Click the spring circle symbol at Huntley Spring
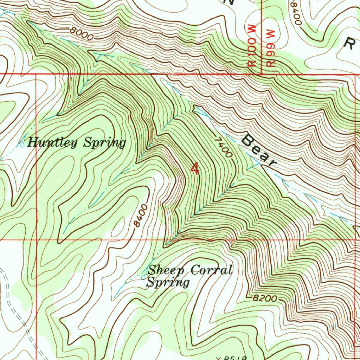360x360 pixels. click(x=22, y=144)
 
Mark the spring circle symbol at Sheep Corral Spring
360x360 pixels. click(x=143, y=277)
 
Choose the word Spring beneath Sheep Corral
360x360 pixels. click(x=168, y=282)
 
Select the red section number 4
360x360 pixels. click(x=195, y=168)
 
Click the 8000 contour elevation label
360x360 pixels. click(x=82, y=34)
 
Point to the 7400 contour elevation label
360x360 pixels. click(x=223, y=147)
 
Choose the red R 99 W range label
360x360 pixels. click(x=271, y=47)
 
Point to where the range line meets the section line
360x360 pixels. click(x=262, y=74)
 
